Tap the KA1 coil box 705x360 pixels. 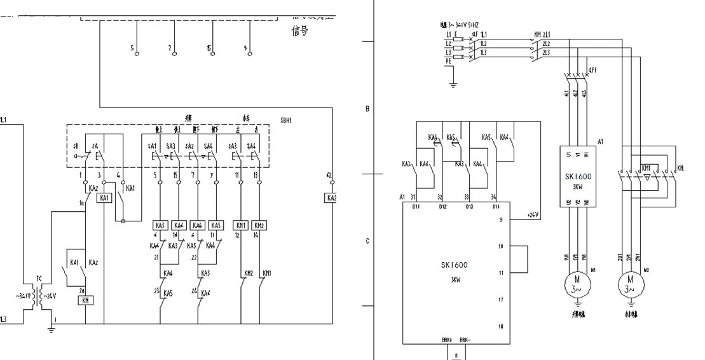[x=104, y=198]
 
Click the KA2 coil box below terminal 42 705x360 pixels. [x=331, y=198]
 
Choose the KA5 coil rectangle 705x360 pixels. [x=216, y=226]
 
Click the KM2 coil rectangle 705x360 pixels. [x=259, y=226]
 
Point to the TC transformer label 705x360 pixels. [x=39, y=278]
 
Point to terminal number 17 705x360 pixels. [x=501, y=299]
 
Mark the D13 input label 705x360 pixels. [x=469, y=206]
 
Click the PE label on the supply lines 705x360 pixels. [x=449, y=62]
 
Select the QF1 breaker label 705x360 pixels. [x=592, y=69]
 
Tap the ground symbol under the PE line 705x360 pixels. [x=453, y=84]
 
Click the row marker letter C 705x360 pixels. [x=367, y=241]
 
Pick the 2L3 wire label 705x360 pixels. [x=546, y=53]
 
